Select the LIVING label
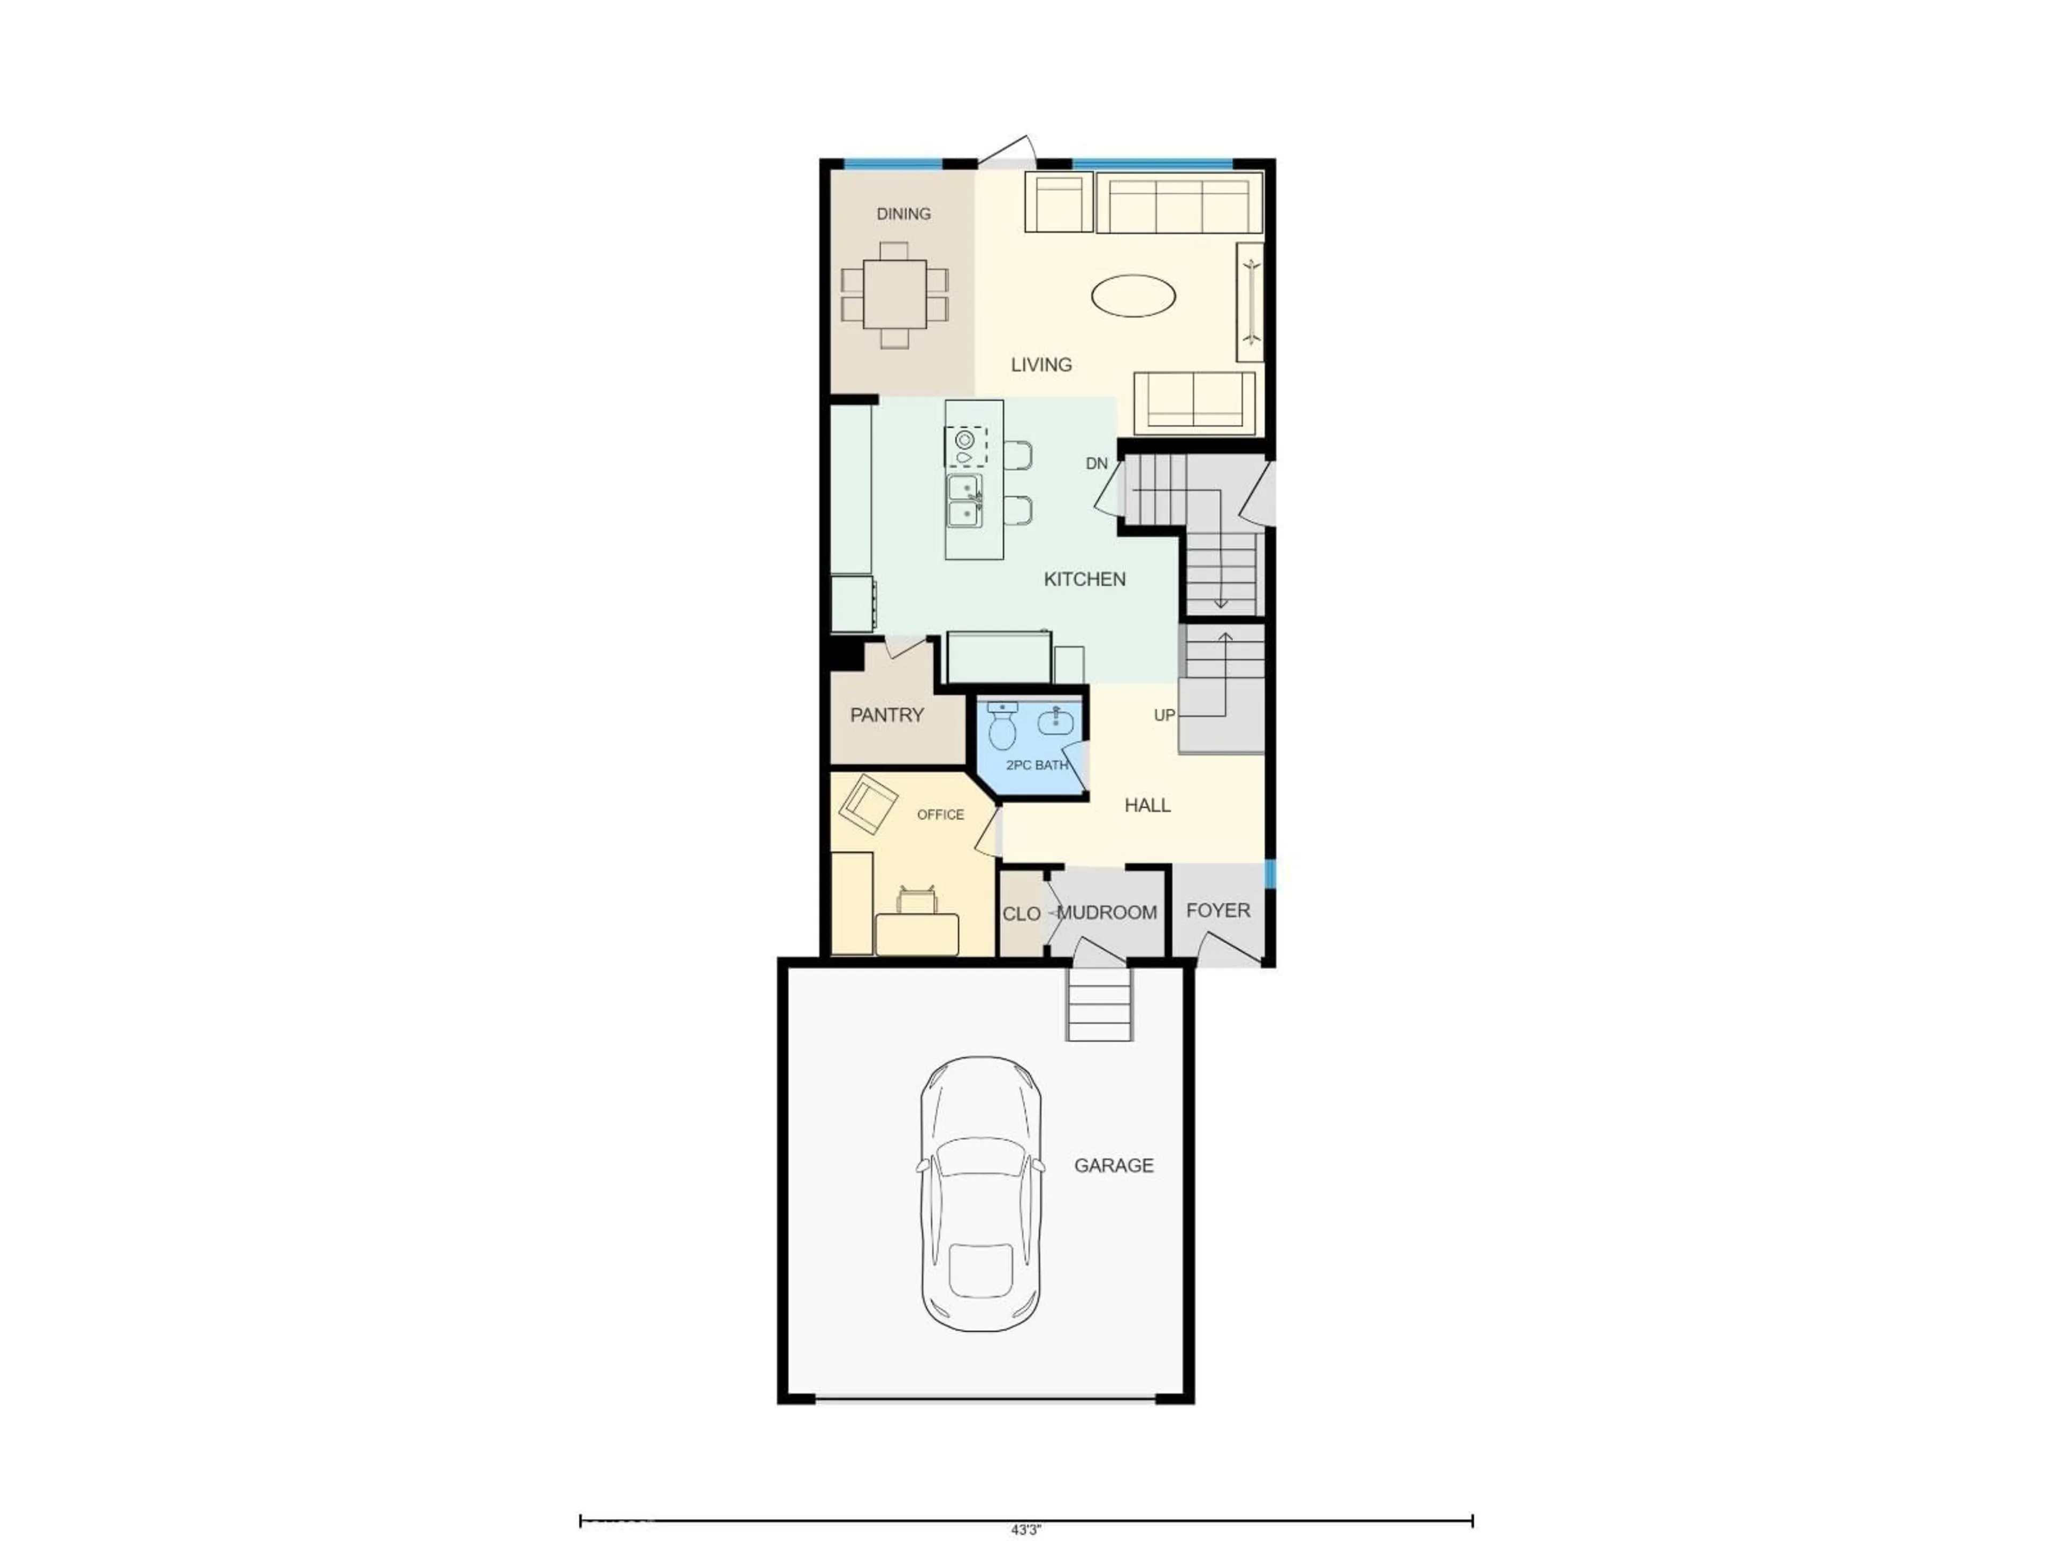[1041, 365]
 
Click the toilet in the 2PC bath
[1002, 727]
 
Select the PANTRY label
[887, 715]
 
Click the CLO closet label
[1021, 914]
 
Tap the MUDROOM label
[1107, 913]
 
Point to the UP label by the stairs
[1163, 715]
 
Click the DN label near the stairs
[1097, 463]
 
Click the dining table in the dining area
[894, 294]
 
